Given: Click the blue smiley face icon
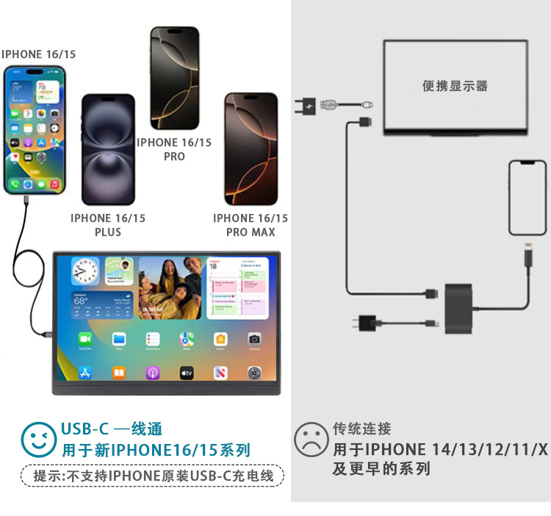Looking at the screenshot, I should pos(38,440).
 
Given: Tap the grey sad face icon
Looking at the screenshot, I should pos(311,440).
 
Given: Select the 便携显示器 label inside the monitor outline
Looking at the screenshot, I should pos(455,86).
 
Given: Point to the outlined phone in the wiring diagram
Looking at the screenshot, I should pos(527,197).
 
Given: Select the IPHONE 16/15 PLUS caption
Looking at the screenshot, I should pos(108,225).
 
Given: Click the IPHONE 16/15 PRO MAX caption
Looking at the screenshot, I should pos(251,225).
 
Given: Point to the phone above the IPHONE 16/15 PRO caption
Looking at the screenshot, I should pos(174,78).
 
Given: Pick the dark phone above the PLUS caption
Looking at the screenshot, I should pos(108,149).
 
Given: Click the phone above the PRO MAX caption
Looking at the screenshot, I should pos(251,149).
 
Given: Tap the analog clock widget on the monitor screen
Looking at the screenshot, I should pos(84,272).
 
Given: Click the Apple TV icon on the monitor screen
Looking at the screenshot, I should pos(187,373).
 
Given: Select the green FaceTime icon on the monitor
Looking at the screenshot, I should pos(84,339).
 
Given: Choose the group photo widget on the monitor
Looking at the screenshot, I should pos(170,287).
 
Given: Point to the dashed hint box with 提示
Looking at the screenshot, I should pos(152,476).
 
